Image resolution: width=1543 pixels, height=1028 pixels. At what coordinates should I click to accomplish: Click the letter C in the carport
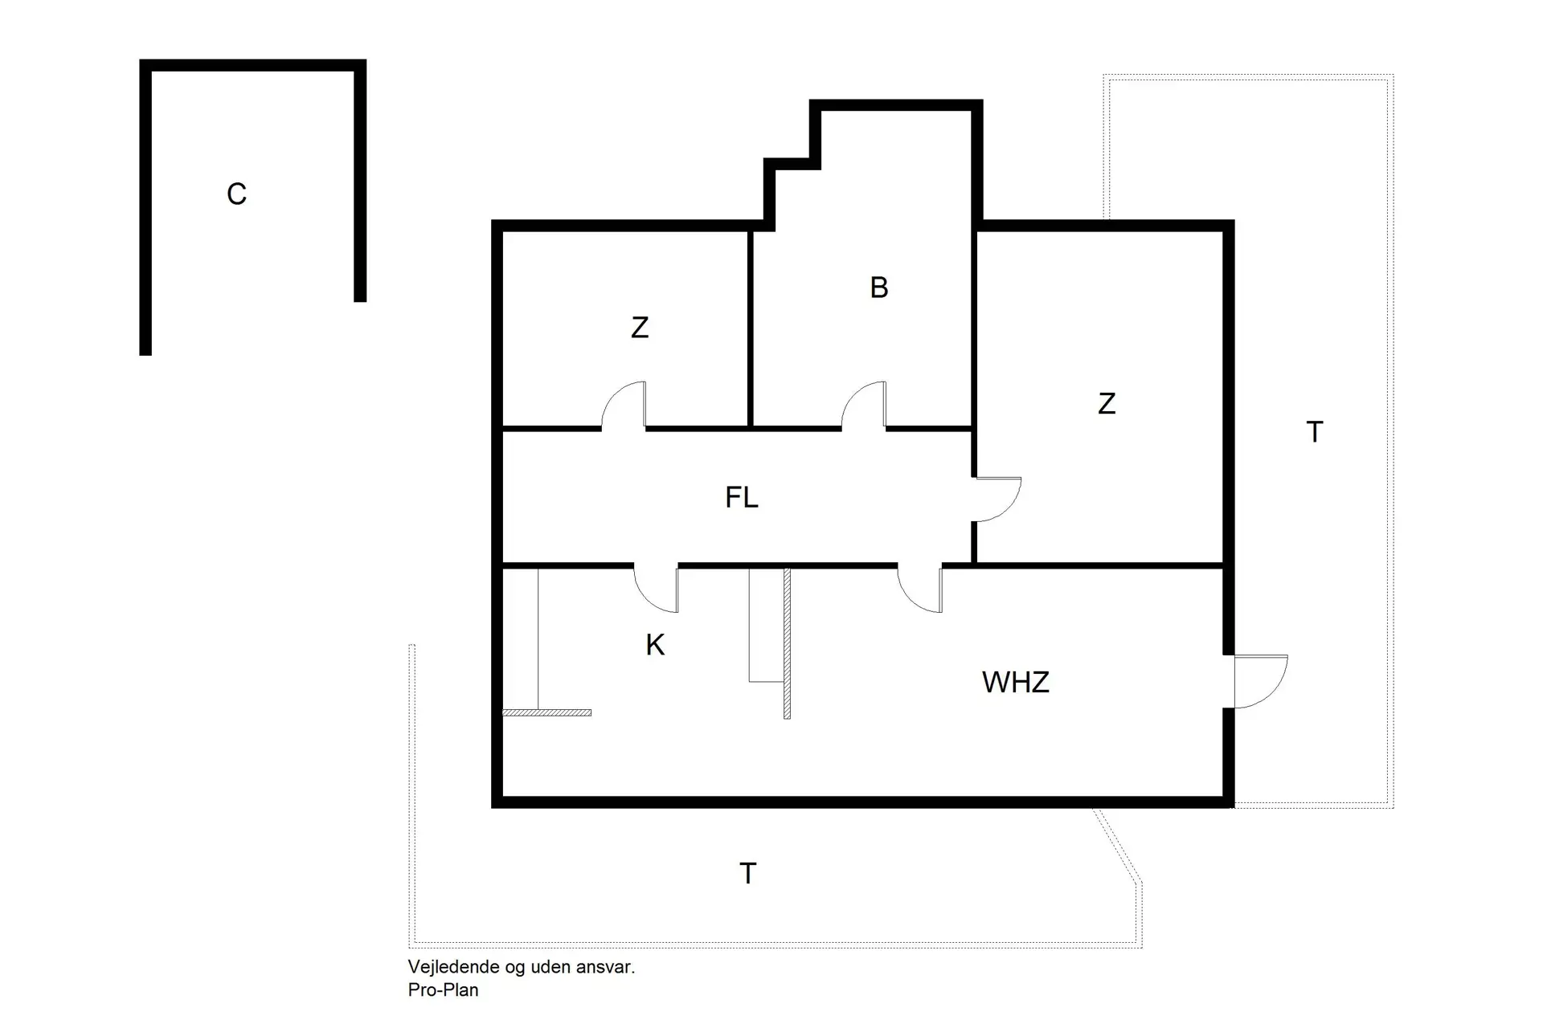236,194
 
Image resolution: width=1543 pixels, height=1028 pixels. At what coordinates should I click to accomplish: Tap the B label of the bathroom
879,288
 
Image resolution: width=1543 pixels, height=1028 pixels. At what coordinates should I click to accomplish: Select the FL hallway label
741,498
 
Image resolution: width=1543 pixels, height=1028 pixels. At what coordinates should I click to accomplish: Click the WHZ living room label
1016,683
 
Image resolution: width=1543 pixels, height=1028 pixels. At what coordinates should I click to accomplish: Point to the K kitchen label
655,645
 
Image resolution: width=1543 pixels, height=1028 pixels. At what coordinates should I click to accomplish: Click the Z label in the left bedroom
640,328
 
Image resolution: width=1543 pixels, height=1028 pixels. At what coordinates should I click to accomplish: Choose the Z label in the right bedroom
1107,403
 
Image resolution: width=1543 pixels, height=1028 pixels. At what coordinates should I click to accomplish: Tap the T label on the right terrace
1315,432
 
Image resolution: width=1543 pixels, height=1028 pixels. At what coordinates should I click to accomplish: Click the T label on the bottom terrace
748,873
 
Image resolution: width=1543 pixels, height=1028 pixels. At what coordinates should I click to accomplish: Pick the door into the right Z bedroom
997,500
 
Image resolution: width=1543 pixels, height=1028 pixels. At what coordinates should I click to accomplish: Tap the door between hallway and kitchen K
656,589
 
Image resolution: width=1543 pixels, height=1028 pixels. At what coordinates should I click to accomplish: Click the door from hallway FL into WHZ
919,589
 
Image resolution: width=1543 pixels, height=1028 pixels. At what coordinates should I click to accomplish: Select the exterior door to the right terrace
1260,681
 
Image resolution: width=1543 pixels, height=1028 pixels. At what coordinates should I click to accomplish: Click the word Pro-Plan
443,990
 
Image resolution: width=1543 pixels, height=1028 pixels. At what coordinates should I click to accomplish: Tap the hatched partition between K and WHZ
788,643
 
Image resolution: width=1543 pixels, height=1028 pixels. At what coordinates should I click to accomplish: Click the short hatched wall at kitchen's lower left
546,712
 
